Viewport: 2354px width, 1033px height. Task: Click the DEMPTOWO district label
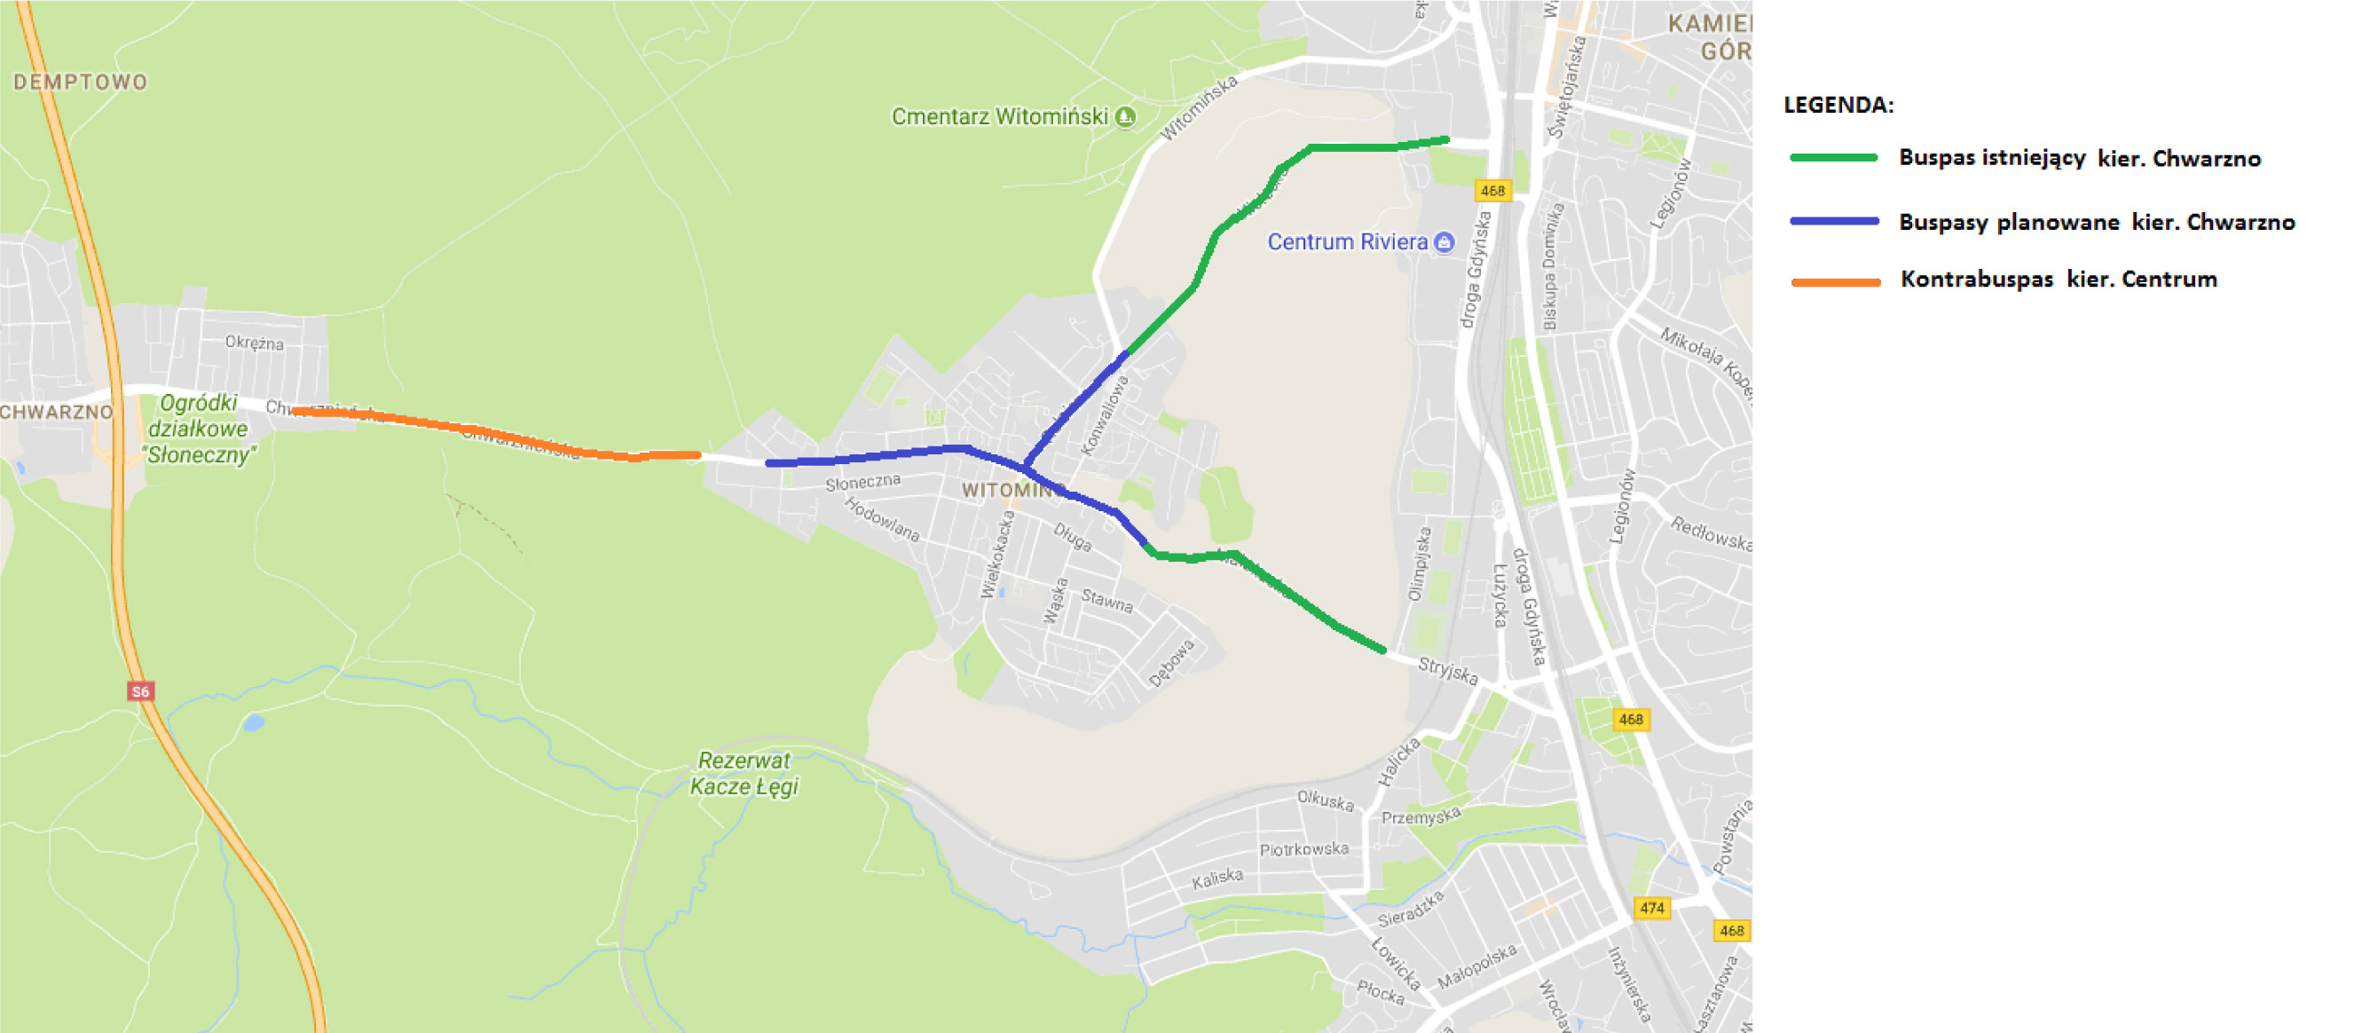[x=81, y=83]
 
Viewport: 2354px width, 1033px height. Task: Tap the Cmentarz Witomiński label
[x=1000, y=117]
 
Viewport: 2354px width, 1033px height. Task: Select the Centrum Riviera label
[x=1347, y=242]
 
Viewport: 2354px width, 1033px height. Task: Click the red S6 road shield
[x=140, y=691]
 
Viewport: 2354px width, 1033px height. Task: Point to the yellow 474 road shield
[x=1651, y=908]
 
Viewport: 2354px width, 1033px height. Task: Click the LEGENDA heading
[x=1838, y=105]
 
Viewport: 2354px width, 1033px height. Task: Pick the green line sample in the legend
[x=1833, y=158]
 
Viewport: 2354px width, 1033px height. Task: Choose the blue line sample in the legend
[x=1833, y=221]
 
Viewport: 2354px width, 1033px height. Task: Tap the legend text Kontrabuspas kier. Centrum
[x=2058, y=280]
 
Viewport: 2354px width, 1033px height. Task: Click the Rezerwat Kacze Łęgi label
[x=744, y=773]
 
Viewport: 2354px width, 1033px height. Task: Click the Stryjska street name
[x=1447, y=671]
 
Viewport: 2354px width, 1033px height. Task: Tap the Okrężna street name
[x=254, y=343]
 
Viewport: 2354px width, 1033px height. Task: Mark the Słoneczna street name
[x=862, y=482]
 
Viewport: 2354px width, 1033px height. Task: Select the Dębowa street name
[x=1171, y=663]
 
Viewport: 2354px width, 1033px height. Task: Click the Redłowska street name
[x=1712, y=533]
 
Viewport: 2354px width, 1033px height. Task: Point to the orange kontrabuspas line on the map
[x=493, y=432]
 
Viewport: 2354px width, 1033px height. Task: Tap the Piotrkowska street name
[x=1304, y=849]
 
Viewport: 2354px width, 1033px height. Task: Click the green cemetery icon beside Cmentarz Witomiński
[x=1126, y=117]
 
